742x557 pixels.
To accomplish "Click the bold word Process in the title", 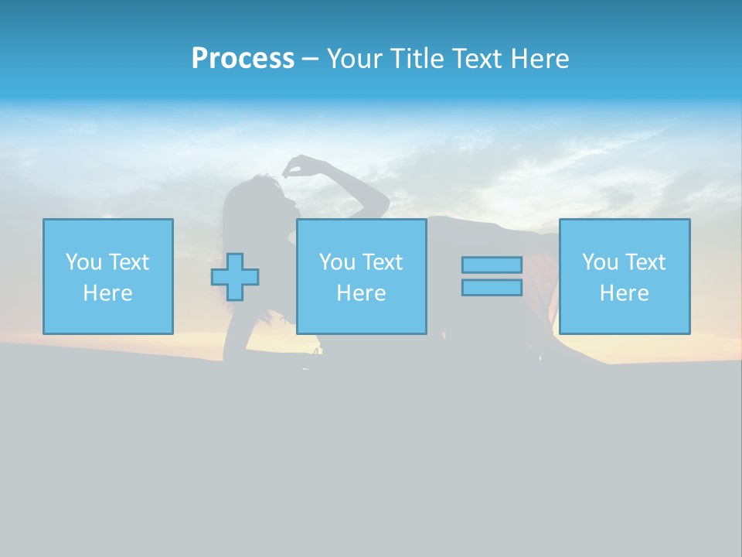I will [243, 59].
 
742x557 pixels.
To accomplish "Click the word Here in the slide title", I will [541, 59].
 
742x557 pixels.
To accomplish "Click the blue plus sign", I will [235, 276].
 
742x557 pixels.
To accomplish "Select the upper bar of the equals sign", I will [492, 265].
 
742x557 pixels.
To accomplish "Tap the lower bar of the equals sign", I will [492, 288].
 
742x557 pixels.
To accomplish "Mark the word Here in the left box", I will [107, 293].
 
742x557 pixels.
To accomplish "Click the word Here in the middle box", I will [361, 293].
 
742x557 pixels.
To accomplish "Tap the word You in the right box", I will [600, 262].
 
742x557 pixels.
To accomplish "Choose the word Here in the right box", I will [624, 293].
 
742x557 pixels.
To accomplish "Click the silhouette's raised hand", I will [298, 165].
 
